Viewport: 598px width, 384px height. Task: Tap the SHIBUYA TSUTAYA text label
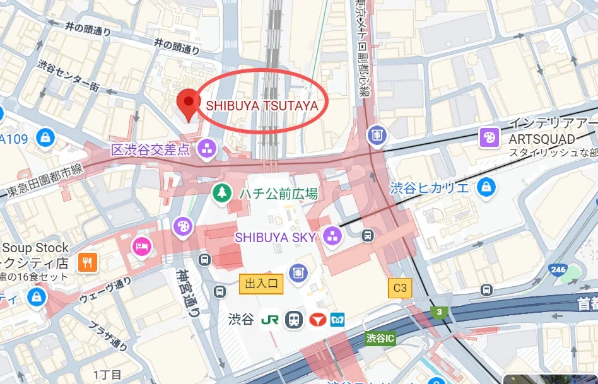[x=262, y=105]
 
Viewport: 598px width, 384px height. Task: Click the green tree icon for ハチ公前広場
[x=221, y=192]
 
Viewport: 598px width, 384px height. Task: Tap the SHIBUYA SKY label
[x=276, y=237]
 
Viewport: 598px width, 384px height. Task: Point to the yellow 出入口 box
[x=261, y=284]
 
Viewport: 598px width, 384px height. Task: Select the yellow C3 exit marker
[x=400, y=288]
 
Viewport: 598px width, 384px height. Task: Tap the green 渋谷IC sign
[x=380, y=339]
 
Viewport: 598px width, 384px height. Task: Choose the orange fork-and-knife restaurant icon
[x=87, y=262]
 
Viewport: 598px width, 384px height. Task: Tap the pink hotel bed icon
[x=139, y=245]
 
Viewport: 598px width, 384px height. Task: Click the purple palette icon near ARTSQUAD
[x=490, y=137]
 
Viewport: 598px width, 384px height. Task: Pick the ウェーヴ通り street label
[x=105, y=291]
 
